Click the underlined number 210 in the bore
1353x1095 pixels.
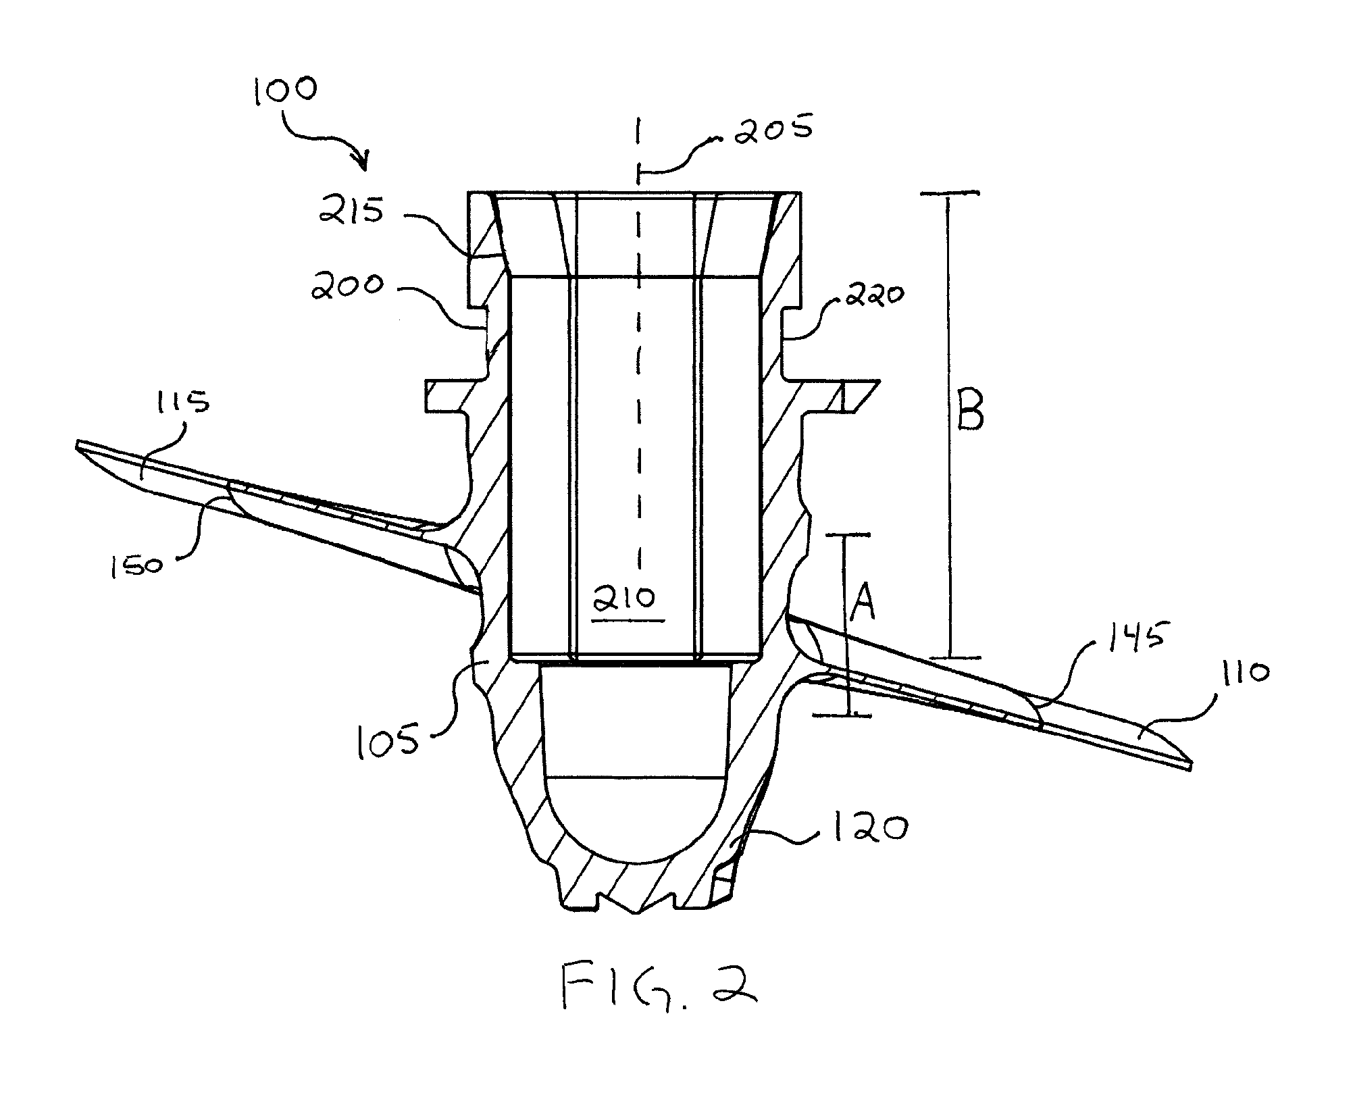coord(628,599)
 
